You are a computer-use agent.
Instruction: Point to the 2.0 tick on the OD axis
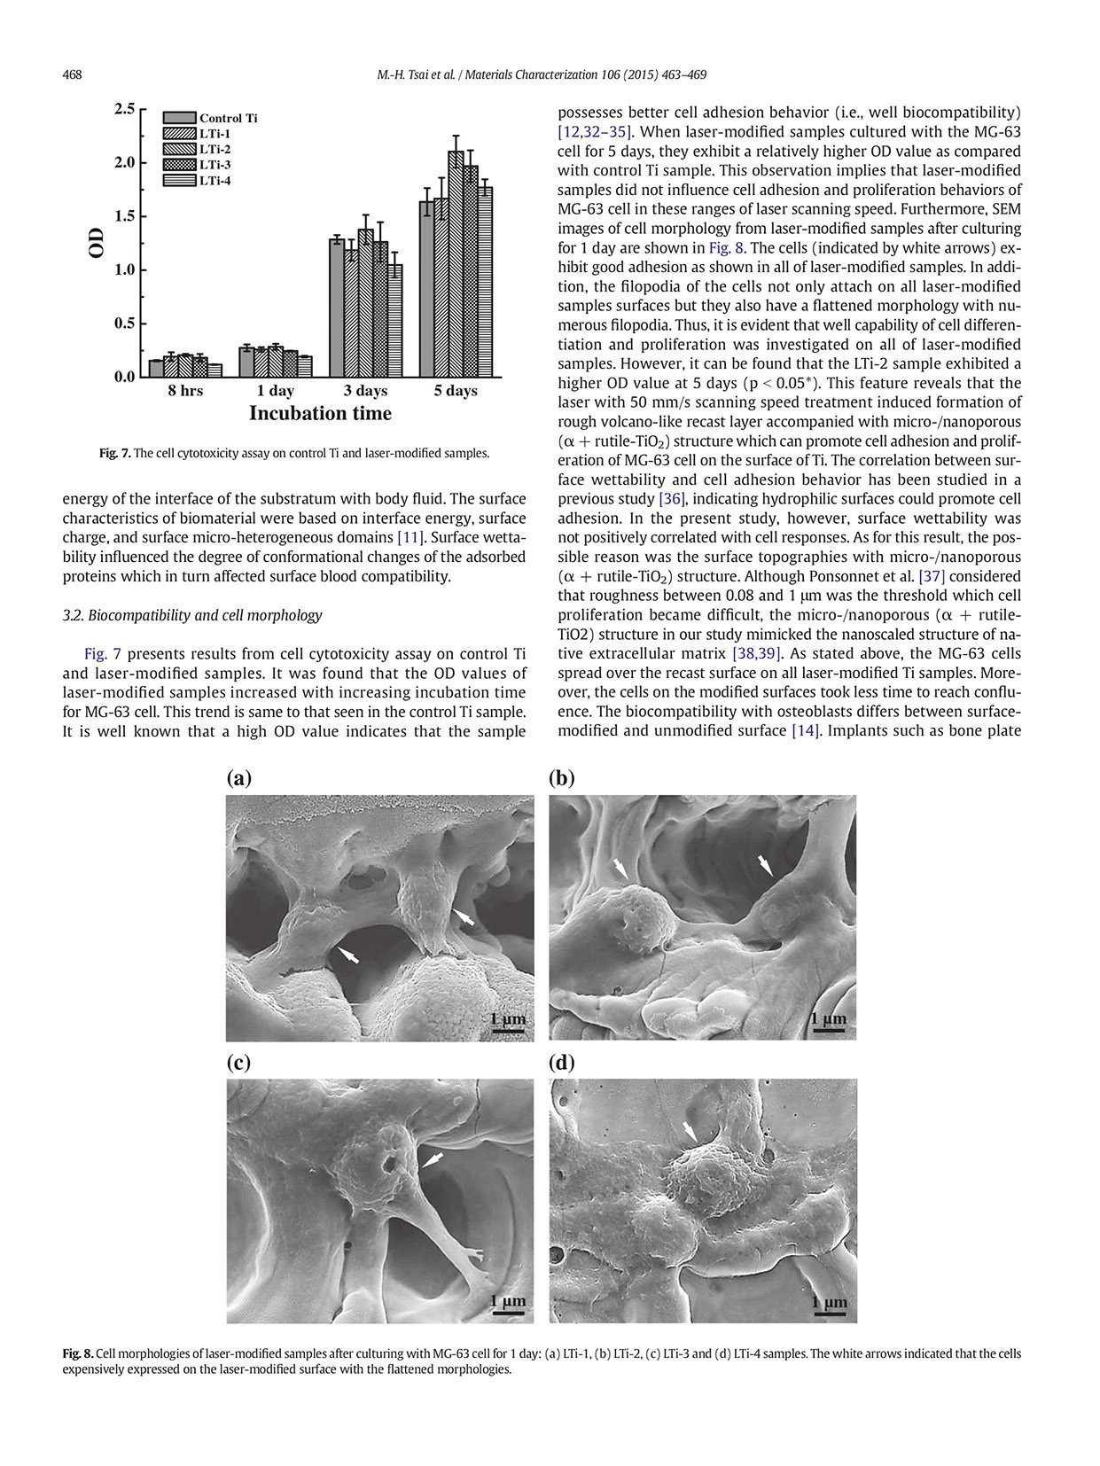pos(124,162)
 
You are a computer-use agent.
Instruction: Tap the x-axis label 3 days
pos(365,391)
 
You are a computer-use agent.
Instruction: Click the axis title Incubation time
pos(320,414)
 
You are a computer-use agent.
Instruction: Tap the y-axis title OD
pos(97,243)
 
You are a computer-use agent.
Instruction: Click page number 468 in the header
pos(72,74)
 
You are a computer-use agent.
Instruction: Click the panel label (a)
pos(239,778)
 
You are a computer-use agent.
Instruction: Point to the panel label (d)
pos(562,1063)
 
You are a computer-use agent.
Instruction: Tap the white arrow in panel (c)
pos(433,1159)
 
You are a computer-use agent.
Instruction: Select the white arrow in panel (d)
pos(690,1131)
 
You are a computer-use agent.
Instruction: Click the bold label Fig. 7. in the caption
pos(114,453)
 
